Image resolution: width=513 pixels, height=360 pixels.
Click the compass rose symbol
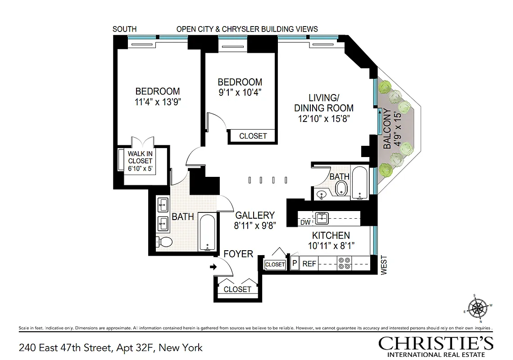tap(478, 309)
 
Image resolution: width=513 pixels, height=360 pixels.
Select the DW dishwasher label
tap(305, 222)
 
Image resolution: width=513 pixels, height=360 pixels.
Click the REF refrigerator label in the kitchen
tap(309, 264)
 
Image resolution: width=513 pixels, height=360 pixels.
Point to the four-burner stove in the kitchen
tap(345, 263)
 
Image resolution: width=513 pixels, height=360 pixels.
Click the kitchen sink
tap(322, 218)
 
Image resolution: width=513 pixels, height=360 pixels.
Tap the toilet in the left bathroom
tap(165, 242)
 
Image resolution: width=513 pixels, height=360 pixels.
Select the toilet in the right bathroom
tap(342, 189)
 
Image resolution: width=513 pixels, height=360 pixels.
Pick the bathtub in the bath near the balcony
tap(359, 183)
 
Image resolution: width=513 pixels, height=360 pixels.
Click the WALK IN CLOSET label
tap(140, 161)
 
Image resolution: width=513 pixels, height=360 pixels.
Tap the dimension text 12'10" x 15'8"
tap(323, 119)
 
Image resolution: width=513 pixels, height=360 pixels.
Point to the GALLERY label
tap(254, 216)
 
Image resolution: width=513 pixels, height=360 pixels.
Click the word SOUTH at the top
tap(124, 29)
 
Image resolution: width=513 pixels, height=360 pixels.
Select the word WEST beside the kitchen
tap(384, 265)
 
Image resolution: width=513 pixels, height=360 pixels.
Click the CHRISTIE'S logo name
tap(436, 343)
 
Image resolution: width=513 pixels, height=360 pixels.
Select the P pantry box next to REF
tap(295, 264)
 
